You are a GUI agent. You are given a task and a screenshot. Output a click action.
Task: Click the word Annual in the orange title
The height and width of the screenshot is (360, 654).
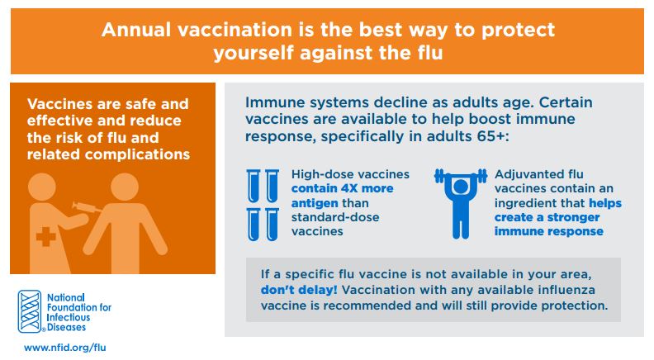point(136,30)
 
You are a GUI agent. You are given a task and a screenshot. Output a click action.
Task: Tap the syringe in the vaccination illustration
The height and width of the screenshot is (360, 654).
point(87,207)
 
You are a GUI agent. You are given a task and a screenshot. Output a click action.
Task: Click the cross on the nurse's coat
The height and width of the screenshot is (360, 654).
point(46,238)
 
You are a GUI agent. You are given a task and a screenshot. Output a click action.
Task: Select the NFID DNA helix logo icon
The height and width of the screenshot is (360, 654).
point(30,311)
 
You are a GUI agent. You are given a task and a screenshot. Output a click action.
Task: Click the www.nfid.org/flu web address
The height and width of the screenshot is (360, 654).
point(65,347)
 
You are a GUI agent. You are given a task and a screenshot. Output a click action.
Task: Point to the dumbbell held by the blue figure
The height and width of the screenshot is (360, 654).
point(461,176)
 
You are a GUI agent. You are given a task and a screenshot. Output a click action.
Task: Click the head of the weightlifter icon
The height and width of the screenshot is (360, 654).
point(461,187)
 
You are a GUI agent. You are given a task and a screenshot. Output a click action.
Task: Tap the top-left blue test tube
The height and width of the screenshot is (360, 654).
point(254,186)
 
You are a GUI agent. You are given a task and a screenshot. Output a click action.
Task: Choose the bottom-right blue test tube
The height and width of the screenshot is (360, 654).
point(272,225)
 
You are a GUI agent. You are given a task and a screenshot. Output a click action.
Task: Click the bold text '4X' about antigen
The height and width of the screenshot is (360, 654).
point(349,188)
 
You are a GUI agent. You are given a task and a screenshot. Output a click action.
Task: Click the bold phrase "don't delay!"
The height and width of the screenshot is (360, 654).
point(299,290)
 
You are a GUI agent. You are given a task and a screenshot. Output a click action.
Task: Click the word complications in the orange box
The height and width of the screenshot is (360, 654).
point(137,154)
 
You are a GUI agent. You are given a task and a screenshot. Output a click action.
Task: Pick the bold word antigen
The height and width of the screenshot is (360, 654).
point(315,203)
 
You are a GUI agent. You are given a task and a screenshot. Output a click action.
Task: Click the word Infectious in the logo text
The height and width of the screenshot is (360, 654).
point(69,317)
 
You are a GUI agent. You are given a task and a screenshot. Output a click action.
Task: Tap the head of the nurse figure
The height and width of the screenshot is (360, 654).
point(42,187)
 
